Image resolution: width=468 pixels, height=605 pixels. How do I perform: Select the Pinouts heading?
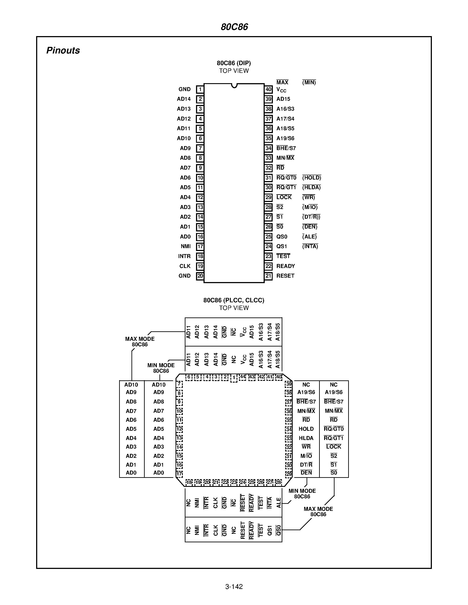[63, 50]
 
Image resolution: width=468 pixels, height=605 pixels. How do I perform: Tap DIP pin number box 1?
[200, 90]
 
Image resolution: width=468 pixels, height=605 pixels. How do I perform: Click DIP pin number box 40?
[268, 90]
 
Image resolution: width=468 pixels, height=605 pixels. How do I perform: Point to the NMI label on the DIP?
[185, 246]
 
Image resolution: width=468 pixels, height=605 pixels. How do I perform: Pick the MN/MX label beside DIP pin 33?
[285, 158]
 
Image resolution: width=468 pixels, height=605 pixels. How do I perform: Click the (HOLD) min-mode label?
[311, 178]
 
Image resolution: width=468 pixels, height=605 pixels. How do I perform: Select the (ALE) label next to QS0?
[309, 236]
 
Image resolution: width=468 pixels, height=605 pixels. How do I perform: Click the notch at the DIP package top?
[234, 86]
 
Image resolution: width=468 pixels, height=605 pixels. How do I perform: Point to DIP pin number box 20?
[200, 276]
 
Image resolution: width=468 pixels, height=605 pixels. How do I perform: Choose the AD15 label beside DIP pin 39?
[283, 99]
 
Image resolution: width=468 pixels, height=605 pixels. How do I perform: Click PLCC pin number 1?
[234, 378]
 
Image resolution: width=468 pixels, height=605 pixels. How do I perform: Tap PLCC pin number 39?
[289, 384]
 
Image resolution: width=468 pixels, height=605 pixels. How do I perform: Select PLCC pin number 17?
[179, 474]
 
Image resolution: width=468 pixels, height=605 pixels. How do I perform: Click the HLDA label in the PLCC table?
[306, 438]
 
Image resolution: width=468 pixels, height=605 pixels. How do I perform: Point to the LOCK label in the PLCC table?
[333, 447]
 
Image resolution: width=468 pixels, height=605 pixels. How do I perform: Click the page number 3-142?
[234, 587]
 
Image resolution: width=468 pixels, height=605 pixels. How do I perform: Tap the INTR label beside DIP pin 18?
[184, 256]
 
